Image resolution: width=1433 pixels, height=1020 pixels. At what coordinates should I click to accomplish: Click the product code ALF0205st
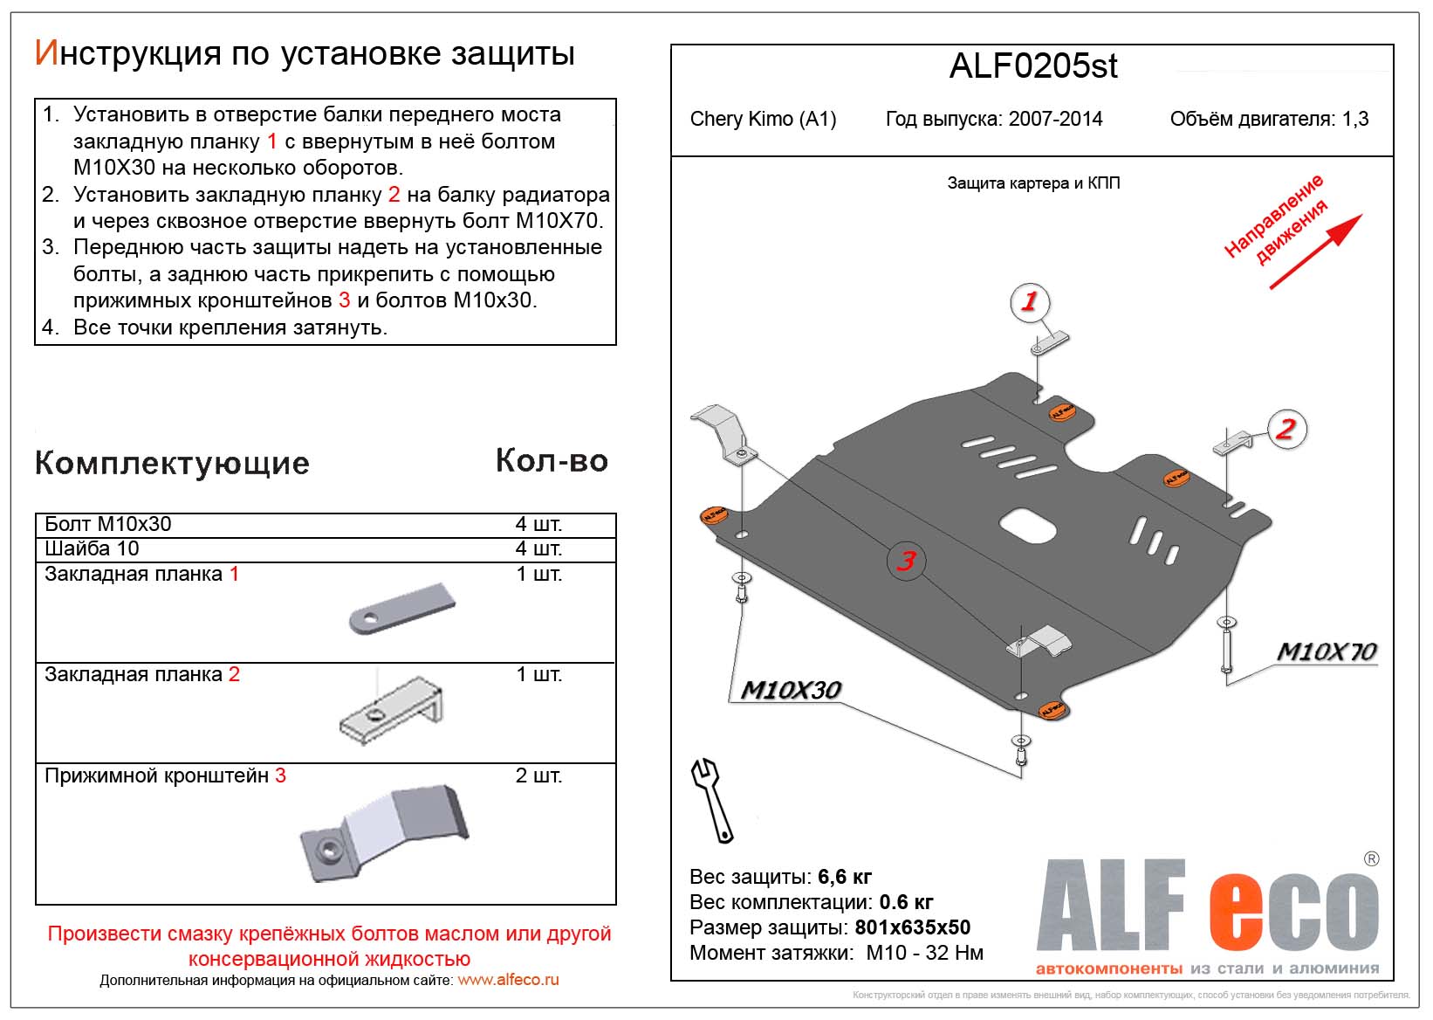[1032, 67]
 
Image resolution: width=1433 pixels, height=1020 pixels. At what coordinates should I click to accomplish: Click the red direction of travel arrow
[1314, 252]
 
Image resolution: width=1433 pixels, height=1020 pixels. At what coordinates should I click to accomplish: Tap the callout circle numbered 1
[1029, 302]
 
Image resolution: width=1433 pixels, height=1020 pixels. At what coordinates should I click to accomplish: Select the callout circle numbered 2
[1286, 429]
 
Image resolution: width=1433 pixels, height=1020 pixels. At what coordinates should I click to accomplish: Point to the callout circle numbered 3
[907, 561]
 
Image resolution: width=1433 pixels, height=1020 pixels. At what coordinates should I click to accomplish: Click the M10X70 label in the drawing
[1326, 651]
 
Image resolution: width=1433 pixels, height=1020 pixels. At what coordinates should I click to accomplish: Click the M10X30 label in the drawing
[790, 690]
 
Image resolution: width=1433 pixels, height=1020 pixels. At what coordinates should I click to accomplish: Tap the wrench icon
[712, 799]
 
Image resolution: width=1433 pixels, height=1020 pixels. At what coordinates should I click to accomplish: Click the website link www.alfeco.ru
[508, 980]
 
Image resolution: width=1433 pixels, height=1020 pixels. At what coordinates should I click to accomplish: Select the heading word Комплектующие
[172, 463]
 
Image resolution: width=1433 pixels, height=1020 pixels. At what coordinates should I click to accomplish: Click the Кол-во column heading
[552, 460]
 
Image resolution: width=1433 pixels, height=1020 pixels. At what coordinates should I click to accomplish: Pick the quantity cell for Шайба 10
[538, 548]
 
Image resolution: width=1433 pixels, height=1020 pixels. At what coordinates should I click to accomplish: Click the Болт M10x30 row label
[108, 524]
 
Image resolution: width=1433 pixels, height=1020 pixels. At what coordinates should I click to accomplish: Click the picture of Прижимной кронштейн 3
[384, 832]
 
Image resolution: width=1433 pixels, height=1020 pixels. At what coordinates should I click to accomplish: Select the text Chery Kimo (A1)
[763, 119]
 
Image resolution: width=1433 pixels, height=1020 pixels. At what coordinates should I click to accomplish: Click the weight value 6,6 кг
[845, 876]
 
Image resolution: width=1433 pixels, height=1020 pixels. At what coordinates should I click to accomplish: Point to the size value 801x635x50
[912, 927]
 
